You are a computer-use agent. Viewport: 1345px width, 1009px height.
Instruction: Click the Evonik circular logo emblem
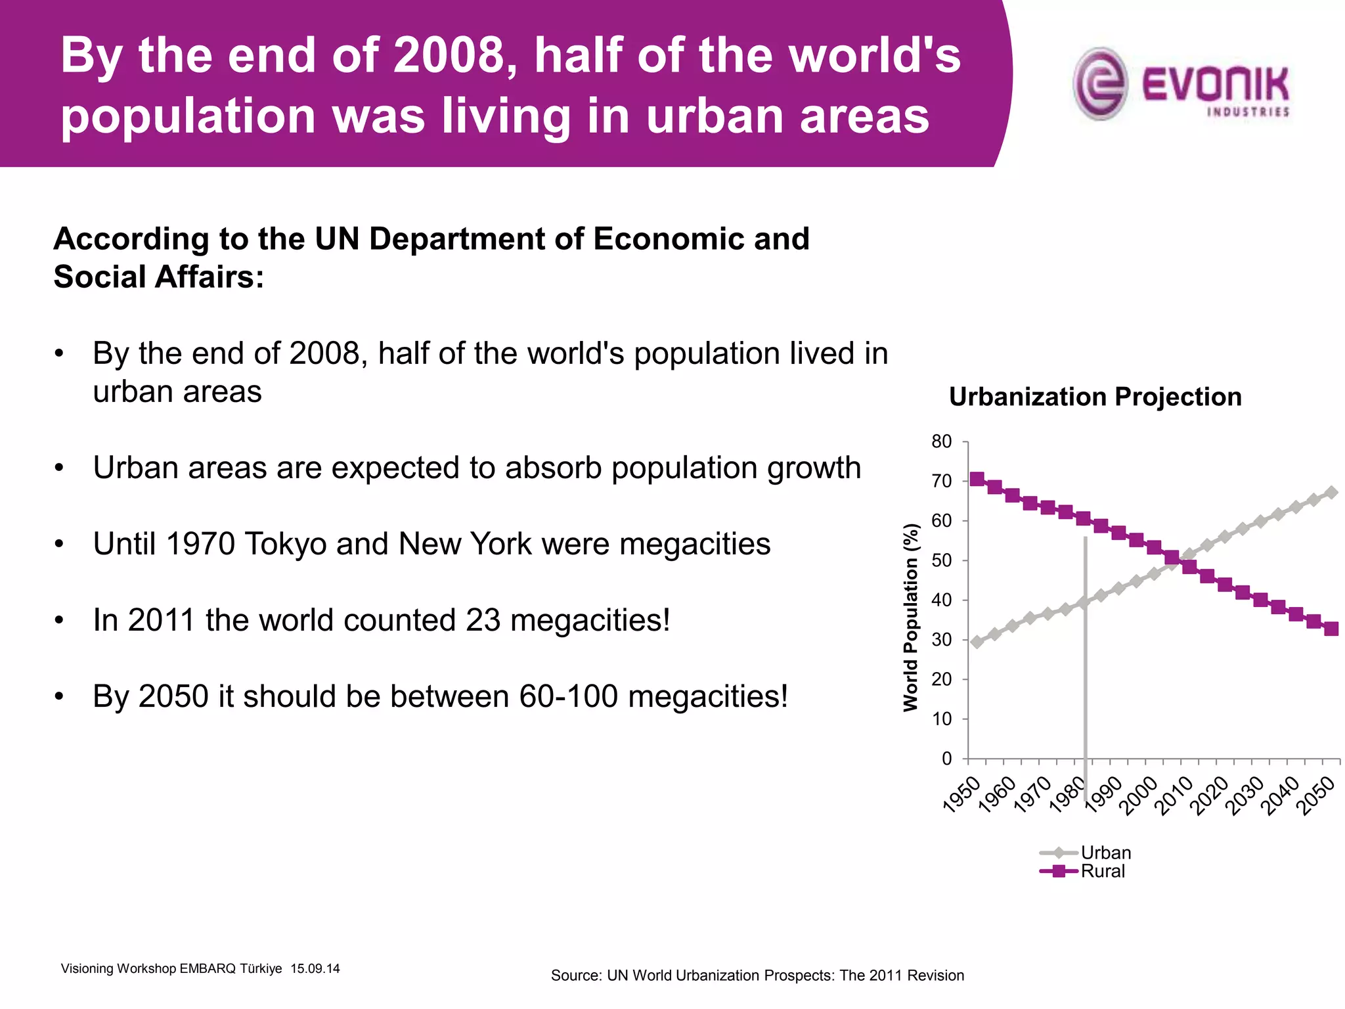click(x=1100, y=83)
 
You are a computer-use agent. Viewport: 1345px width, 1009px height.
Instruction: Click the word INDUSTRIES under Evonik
click(x=1248, y=112)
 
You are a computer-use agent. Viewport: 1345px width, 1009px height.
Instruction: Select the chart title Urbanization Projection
click(x=1095, y=397)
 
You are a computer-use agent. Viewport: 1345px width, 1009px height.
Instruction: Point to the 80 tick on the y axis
click(x=941, y=441)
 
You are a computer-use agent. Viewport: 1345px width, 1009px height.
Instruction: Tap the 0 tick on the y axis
click(x=946, y=759)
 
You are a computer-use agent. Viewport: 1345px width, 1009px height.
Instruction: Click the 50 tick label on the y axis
click(x=941, y=560)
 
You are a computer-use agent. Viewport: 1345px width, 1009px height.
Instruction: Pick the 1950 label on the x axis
click(x=961, y=794)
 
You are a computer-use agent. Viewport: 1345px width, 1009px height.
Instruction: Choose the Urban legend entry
click(x=1105, y=853)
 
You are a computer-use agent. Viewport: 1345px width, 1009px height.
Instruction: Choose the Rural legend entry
click(x=1103, y=871)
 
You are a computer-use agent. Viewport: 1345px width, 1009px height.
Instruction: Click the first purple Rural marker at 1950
click(x=977, y=479)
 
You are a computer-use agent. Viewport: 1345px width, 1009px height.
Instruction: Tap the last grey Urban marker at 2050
click(x=1331, y=493)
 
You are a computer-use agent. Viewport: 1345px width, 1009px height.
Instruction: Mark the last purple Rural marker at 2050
click(x=1331, y=629)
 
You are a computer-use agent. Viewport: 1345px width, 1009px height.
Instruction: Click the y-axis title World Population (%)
click(x=910, y=617)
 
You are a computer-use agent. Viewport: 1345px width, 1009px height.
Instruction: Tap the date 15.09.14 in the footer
click(x=315, y=968)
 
